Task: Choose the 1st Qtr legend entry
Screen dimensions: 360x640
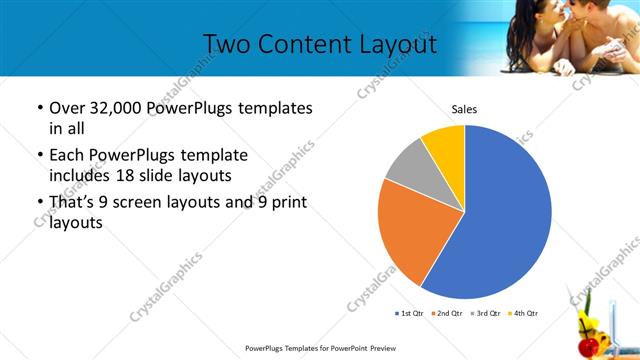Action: coord(410,313)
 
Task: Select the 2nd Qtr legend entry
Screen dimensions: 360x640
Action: coord(445,313)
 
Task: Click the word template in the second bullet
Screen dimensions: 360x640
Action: coord(214,156)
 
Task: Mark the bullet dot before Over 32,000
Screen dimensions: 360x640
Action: coord(39,108)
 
